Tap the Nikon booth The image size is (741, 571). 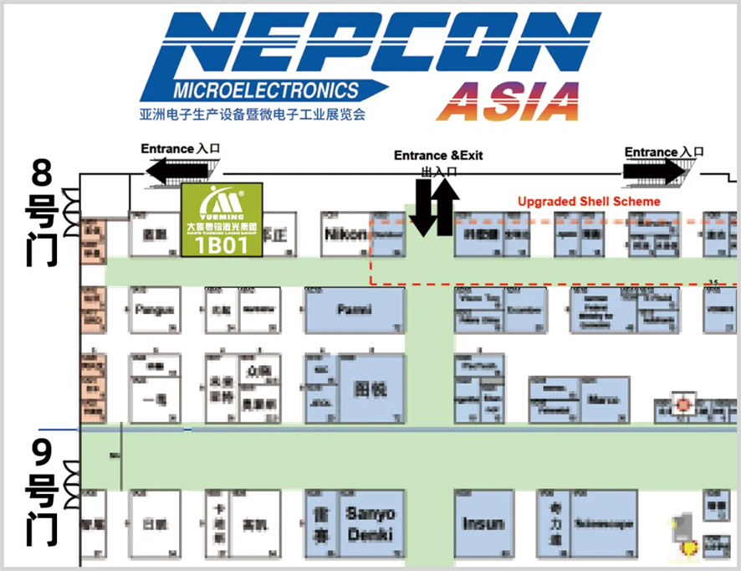345,234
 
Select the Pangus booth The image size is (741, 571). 155,310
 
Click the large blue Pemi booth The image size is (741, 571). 354,310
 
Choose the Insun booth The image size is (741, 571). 483,523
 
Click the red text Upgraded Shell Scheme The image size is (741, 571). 588,202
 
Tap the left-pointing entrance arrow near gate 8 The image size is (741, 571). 178,172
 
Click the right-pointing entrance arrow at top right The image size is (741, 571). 653,172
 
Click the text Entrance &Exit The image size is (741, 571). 438,156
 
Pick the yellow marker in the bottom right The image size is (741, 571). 690,548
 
